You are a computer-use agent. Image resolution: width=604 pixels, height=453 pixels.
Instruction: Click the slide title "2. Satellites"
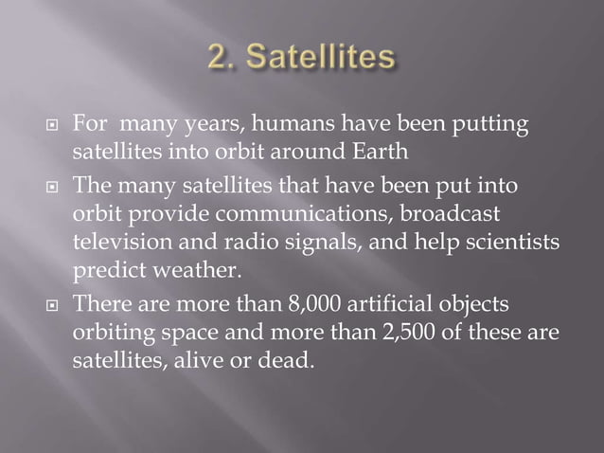pyautogui.click(x=302, y=59)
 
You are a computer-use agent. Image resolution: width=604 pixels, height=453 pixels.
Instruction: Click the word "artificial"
pyautogui.click(x=390, y=305)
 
